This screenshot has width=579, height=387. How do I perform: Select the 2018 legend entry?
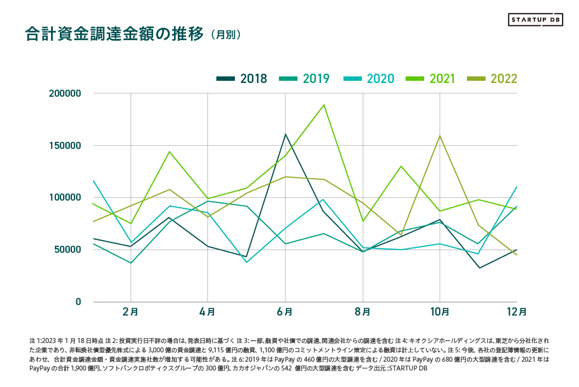[x=242, y=79]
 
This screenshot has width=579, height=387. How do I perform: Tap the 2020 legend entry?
[x=369, y=79]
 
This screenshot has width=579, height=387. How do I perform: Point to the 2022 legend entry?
[x=492, y=79]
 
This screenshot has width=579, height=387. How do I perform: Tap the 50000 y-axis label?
[x=68, y=250]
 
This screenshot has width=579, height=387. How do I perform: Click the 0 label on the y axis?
[x=78, y=302]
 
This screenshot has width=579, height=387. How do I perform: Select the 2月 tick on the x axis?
[x=131, y=312]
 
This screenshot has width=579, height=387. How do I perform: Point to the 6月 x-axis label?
[x=285, y=312]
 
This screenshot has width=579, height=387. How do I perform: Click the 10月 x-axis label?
[x=440, y=312]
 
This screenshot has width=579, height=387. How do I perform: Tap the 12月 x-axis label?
[x=516, y=312]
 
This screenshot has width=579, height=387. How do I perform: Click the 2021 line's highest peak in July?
[x=324, y=104]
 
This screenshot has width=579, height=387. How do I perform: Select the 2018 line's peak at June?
[x=285, y=134]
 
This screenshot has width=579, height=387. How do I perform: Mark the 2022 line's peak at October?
[x=440, y=136]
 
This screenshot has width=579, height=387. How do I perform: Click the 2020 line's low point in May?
[x=246, y=262]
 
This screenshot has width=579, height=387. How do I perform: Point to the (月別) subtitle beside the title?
[x=225, y=35]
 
